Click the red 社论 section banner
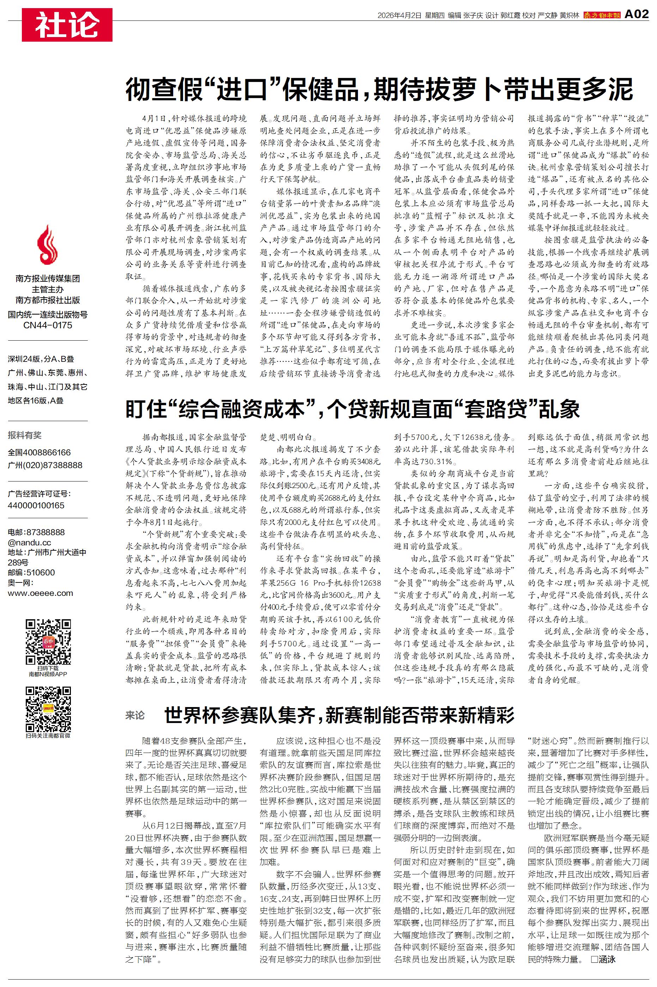(x=67, y=25)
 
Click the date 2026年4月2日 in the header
(x=399, y=16)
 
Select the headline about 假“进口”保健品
(x=379, y=89)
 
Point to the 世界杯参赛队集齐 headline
(x=339, y=715)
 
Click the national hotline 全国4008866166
(x=39, y=453)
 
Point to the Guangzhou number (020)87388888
(x=45, y=465)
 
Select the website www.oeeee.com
(x=40, y=593)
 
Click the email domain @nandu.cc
(x=29, y=543)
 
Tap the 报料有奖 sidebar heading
(x=25, y=435)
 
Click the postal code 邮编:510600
(x=31, y=572)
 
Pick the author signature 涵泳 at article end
(x=606, y=959)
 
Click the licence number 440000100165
(x=36, y=505)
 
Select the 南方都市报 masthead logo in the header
(x=602, y=16)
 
